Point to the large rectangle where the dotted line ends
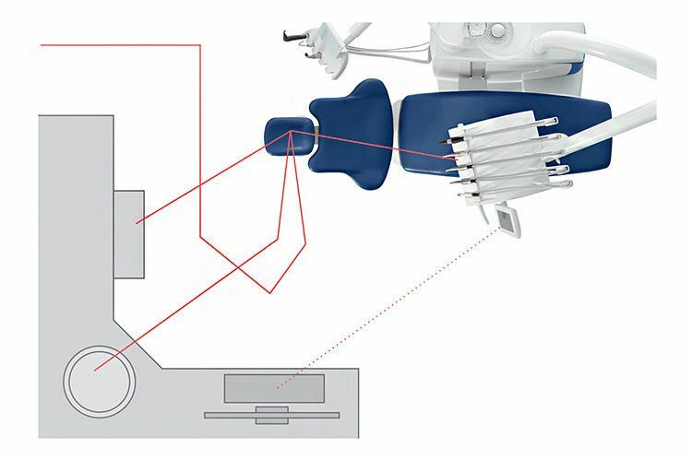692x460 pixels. coord(274,388)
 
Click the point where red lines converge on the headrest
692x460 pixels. coord(292,134)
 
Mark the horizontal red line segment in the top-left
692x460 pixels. coord(120,43)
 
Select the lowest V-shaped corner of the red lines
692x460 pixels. coord(268,293)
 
